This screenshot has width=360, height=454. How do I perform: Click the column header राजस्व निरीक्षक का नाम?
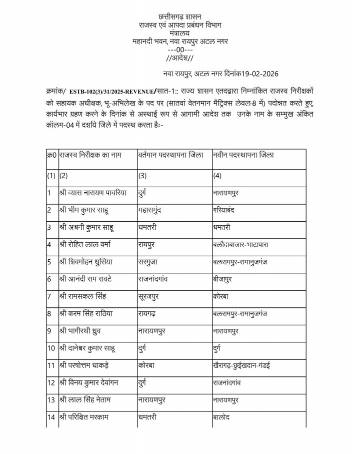[x=90, y=155]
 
